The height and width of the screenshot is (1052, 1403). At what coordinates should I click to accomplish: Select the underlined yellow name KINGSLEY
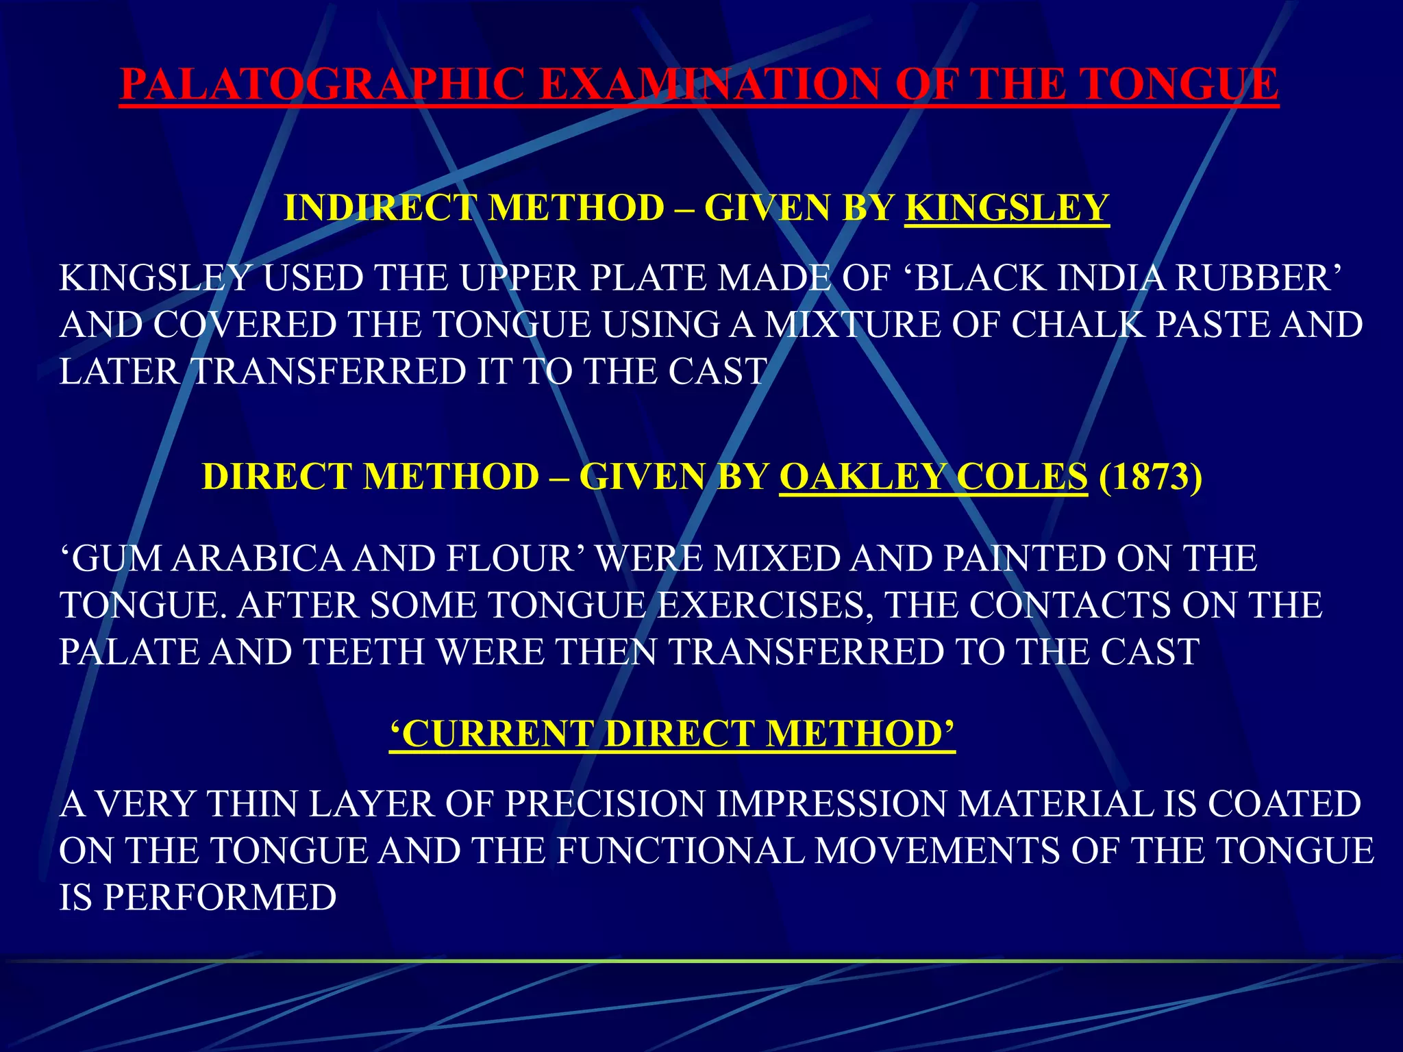tap(1006, 208)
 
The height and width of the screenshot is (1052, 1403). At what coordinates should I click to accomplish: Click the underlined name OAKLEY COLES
tap(933, 477)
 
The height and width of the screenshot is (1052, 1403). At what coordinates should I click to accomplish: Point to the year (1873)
tap(1150, 477)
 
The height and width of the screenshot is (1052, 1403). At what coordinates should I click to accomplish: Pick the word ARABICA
tap(258, 559)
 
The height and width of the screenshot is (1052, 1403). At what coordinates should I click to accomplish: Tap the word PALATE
tap(128, 652)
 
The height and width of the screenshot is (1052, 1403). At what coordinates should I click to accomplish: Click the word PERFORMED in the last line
tap(219, 898)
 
